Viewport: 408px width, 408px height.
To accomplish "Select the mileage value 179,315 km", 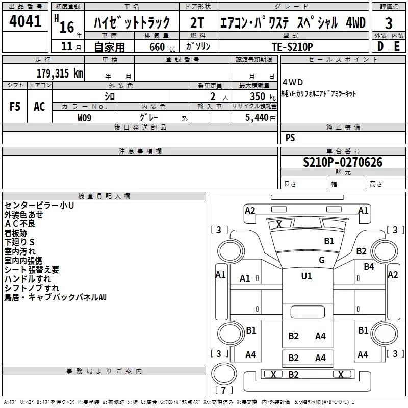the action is coord(60,73).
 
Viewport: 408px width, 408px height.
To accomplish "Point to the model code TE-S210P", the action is coord(293,46).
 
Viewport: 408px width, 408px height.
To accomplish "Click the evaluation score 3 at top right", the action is coord(389,23).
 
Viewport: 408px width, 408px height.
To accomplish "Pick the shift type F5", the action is coord(15,107).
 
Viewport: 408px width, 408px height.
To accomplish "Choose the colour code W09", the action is coord(85,117).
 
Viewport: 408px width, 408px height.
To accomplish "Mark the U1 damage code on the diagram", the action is coord(307,276).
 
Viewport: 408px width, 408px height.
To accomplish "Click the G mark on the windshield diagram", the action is coord(321,260).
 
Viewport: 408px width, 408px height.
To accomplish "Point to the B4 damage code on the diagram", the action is coord(369,266).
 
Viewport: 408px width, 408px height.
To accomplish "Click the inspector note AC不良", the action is coord(20,223).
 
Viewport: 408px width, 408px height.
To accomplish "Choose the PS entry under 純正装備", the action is coord(290,138).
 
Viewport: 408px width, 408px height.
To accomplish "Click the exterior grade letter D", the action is coord(380,46).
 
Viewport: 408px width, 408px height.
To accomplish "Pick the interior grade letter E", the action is coord(397,46).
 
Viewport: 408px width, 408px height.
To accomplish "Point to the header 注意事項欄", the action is coord(140,151).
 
